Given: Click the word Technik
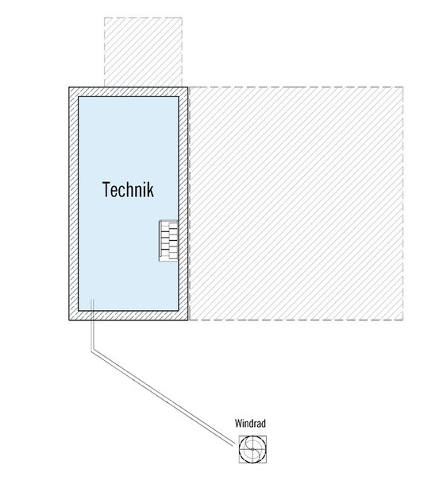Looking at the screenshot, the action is point(128,189).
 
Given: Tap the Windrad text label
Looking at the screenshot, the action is point(250,423).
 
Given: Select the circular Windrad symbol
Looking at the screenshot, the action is point(252,449).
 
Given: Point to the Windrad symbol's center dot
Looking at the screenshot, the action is point(252,449).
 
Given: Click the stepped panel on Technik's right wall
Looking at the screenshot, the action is point(168,240).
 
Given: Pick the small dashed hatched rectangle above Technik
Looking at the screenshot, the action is point(143,52).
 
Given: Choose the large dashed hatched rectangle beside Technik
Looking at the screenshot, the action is point(295,204).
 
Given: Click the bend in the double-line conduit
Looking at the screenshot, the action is point(92,350).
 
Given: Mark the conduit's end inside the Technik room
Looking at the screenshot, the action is point(92,300).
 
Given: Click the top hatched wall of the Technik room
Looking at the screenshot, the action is point(129,92).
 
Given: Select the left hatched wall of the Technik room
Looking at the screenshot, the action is point(74,204).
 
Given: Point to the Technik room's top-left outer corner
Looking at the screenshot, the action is point(69,87).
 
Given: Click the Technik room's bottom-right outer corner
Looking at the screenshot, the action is point(188,320).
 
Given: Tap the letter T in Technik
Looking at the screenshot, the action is point(106,189).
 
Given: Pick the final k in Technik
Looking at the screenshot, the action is point(150,189).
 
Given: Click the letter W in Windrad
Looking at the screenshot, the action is point(238,423).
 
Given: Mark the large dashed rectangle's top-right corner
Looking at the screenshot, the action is point(403,87).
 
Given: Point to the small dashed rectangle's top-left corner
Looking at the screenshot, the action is point(104,17).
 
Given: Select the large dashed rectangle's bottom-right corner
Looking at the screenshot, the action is point(403,320).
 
